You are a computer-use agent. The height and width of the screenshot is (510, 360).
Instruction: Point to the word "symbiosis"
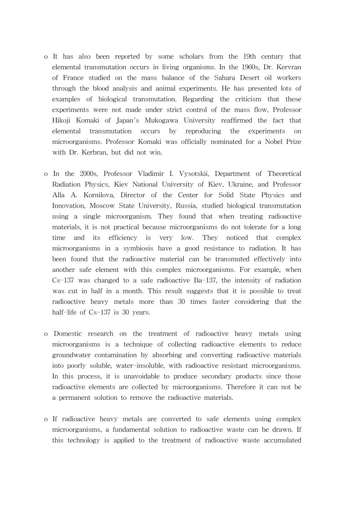point(136,248)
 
